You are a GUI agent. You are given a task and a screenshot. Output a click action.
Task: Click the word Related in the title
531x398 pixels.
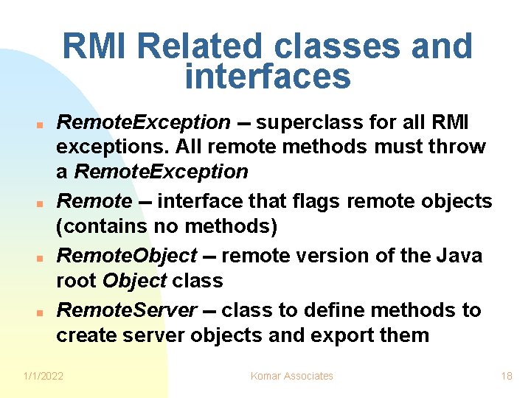[200, 47]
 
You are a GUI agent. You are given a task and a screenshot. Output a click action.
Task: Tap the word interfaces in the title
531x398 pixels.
[267, 76]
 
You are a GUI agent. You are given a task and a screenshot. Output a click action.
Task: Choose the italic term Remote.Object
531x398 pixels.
[127, 256]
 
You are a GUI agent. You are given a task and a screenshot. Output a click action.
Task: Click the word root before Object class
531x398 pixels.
[77, 281]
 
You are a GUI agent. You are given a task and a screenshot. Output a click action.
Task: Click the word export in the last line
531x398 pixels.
[345, 335]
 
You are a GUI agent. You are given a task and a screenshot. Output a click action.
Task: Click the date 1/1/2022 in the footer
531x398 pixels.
[44, 376]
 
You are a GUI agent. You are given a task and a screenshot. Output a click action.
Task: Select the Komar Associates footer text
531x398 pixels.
[292, 376]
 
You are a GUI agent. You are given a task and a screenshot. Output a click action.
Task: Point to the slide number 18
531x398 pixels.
[507, 376]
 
